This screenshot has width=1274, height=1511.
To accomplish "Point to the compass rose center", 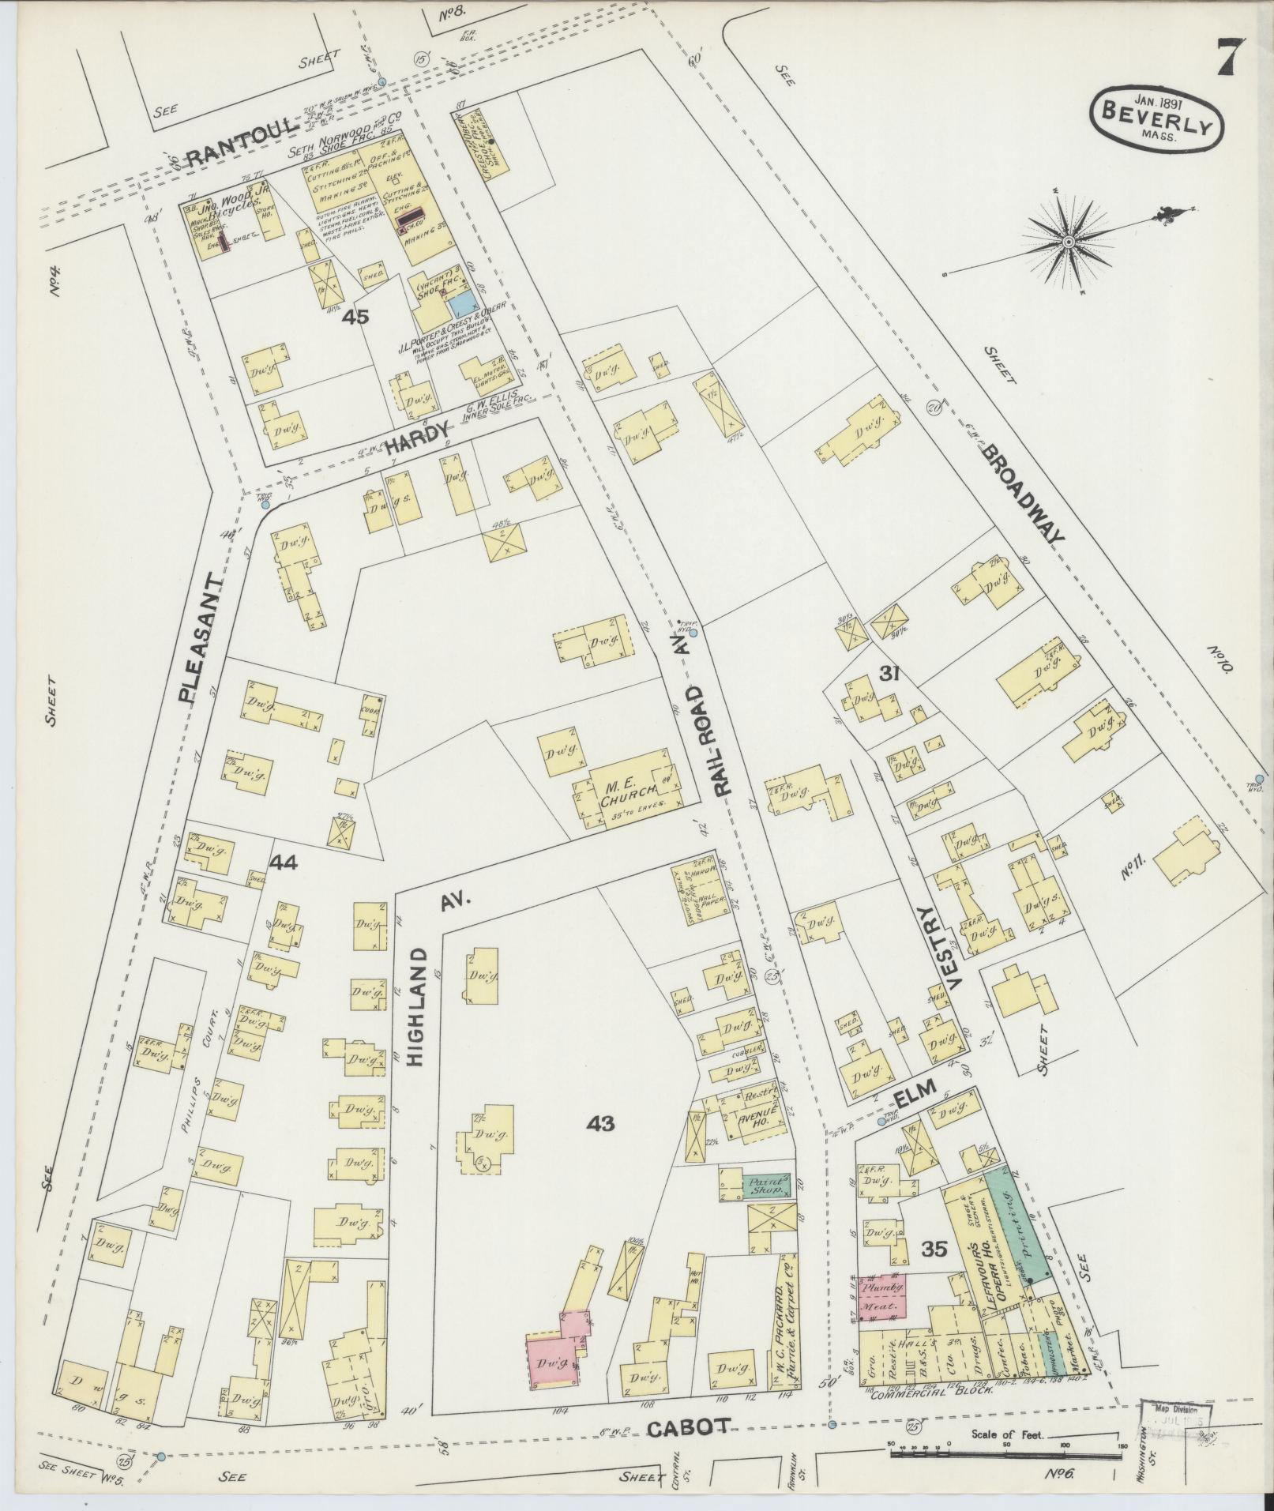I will coord(1069,242).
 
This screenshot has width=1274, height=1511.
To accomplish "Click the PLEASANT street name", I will coord(199,638).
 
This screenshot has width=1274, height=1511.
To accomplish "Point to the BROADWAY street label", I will coord(1023,494).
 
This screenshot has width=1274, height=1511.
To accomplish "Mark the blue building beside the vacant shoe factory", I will coord(462,302).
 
